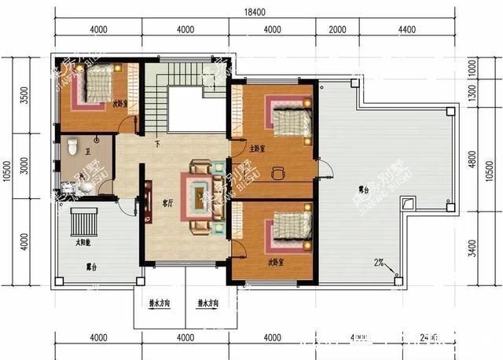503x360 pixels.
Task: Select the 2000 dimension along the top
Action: (336, 30)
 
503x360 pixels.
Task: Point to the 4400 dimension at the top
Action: (406, 30)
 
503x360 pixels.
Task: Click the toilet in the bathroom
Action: (72, 146)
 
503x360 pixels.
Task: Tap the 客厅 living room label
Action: (167, 203)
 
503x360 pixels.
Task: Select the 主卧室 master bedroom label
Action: (257, 149)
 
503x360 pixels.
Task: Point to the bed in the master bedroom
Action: (290, 118)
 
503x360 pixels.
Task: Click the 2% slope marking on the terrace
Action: (379, 263)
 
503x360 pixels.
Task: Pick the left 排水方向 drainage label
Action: (161, 302)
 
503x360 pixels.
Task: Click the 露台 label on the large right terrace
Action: (363, 189)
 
